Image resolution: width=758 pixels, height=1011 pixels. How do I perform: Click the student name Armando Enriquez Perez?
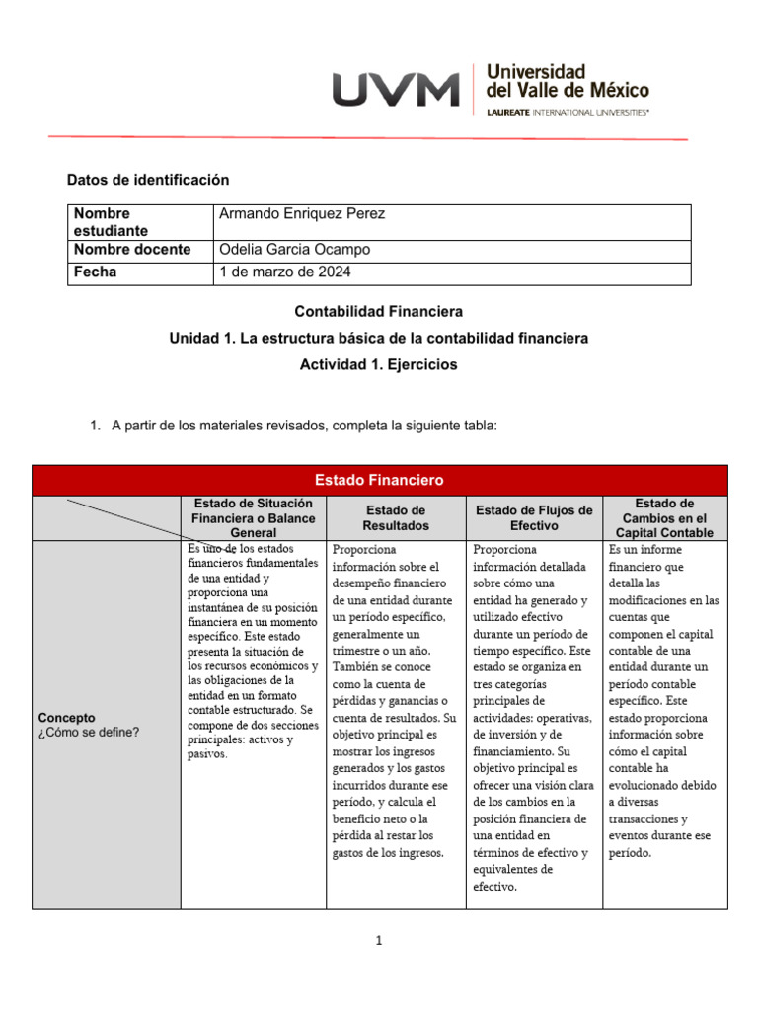pos(302,214)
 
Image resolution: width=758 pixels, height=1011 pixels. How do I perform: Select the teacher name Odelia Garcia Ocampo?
pos(294,250)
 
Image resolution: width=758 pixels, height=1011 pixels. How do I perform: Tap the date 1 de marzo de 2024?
pos(285,272)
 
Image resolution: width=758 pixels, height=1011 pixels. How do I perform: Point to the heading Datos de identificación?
pos(147,180)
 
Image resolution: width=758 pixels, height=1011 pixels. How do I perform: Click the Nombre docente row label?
pos(132,250)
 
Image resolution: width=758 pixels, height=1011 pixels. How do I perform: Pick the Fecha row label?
pos(95,272)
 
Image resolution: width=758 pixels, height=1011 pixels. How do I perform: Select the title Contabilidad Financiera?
pos(379,311)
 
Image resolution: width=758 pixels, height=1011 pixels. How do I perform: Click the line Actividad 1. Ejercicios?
pos(379,364)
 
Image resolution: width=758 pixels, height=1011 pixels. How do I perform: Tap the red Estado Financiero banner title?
pos(379,480)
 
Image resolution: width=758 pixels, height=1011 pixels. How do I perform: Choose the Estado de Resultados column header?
pos(396,518)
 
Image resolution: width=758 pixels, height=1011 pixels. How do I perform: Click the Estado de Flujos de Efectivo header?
pos(534,518)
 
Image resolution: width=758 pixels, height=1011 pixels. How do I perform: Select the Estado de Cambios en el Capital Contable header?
pos(664,518)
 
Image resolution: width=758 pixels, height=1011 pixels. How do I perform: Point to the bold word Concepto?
pos(66,717)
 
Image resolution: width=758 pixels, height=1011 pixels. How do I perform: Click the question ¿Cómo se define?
pos(89,732)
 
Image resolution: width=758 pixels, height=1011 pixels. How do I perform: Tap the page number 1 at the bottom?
pos(379,941)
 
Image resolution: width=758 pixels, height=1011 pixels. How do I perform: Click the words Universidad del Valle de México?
pos(568,81)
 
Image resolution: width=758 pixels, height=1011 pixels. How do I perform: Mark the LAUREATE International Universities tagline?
pos(568,113)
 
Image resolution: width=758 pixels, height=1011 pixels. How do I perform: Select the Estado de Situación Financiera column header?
pos(254,518)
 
